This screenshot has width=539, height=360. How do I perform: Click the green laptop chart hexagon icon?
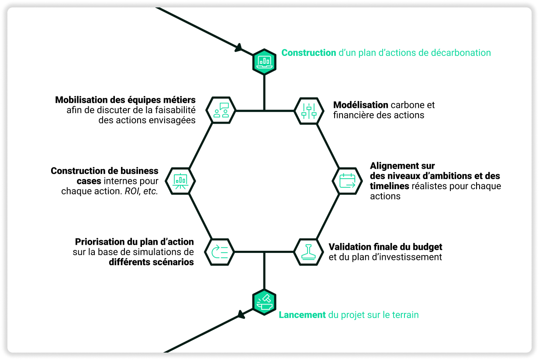(264, 62)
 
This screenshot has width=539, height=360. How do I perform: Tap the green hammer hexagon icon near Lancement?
(264, 302)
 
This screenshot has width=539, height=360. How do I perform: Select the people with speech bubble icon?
(221, 110)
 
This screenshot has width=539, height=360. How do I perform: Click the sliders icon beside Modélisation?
(309, 111)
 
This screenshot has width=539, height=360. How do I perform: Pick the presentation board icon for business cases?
(180, 181)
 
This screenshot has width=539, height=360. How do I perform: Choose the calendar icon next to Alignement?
(347, 181)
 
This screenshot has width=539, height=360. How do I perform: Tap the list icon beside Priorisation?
(219, 252)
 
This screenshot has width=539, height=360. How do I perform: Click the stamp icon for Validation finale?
(308, 252)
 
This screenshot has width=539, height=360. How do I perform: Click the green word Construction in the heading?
(309, 53)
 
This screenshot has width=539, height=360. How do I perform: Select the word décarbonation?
(460, 53)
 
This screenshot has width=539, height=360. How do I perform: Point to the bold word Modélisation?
(360, 105)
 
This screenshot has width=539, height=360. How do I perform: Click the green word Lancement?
(302, 315)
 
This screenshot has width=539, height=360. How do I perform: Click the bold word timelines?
(389, 186)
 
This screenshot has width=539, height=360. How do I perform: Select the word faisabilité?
(175, 110)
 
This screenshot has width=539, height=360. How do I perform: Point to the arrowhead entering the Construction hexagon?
(238, 48)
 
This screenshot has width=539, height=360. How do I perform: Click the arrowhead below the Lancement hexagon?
(241, 315)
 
